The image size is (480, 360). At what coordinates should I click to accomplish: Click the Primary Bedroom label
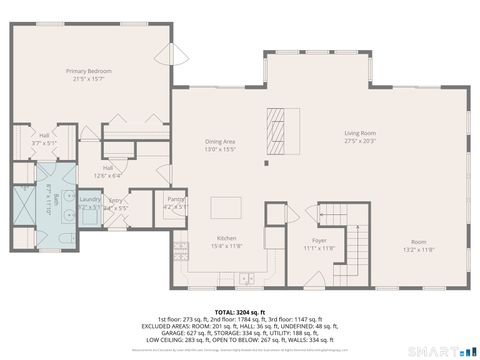tap(88, 72)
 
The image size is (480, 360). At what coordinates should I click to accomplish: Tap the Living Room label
tap(360, 133)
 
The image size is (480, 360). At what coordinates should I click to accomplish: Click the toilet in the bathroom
tap(60, 240)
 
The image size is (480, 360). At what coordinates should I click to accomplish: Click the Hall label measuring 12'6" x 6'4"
tap(112, 172)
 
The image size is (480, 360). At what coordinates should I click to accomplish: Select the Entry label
tap(116, 202)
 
